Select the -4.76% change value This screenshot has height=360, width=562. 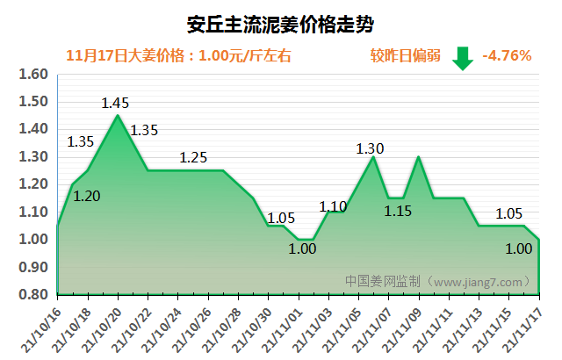click(x=507, y=55)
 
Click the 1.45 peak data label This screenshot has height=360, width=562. click(x=115, y=104)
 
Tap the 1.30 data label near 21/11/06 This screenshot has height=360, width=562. click(x=370, y=148)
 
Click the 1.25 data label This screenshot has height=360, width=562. click(x=193, y=158)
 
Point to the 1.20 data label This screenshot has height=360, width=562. click(x=87, y=197)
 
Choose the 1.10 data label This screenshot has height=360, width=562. click(x=333, y=207)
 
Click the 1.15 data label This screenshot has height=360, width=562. click(x=398, y=211)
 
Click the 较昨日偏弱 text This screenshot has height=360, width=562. click(x=405, y=56)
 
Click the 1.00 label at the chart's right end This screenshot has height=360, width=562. click(x=519, y=248)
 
